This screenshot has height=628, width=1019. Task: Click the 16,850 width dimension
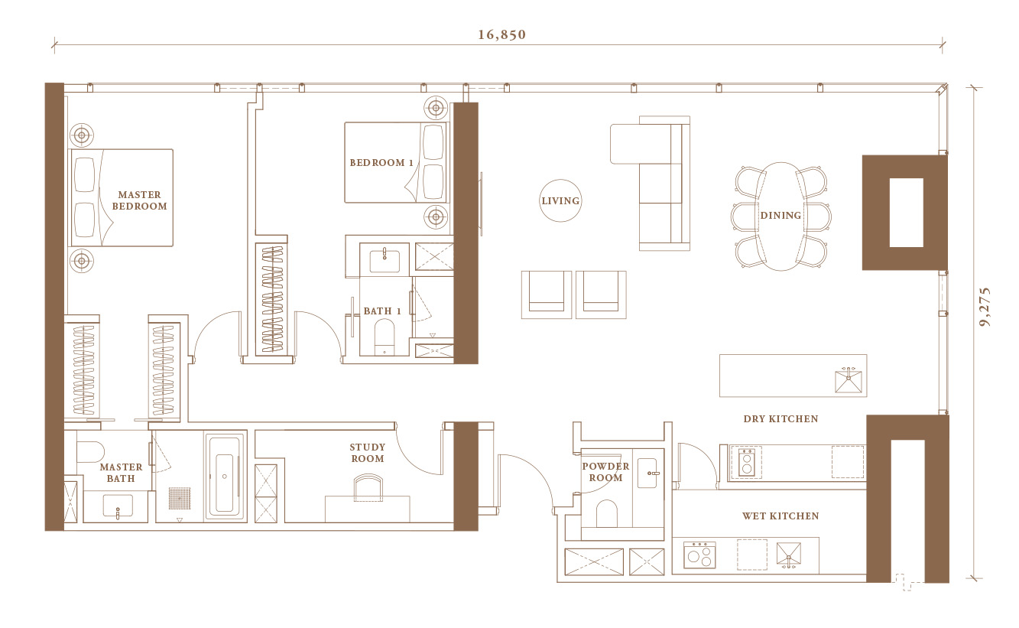[501, 34]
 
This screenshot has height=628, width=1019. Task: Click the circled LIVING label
[560, 200]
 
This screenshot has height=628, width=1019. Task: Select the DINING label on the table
[780, 215]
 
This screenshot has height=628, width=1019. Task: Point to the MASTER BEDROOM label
[139, 200]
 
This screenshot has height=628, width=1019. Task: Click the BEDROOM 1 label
[381, 162]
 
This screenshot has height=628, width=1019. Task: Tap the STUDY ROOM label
[368, 453]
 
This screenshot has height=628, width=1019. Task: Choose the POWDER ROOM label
[605, 472]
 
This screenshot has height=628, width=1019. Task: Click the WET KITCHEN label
[780, 516]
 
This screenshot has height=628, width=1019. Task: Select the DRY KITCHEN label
[780, 418]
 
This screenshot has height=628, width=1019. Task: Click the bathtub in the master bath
[225, 477]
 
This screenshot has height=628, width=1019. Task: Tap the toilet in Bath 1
[385, 337]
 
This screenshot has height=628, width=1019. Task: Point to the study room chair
[368, 487]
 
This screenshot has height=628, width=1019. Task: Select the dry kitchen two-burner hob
[747, 462]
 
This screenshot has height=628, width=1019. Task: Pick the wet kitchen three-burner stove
[699, 555]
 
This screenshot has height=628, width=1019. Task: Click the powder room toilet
[606, 514]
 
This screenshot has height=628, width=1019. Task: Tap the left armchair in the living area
[547, 295]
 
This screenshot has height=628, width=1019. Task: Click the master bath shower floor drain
[180, 498]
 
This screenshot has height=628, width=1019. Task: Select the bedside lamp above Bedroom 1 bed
[436, 108]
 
